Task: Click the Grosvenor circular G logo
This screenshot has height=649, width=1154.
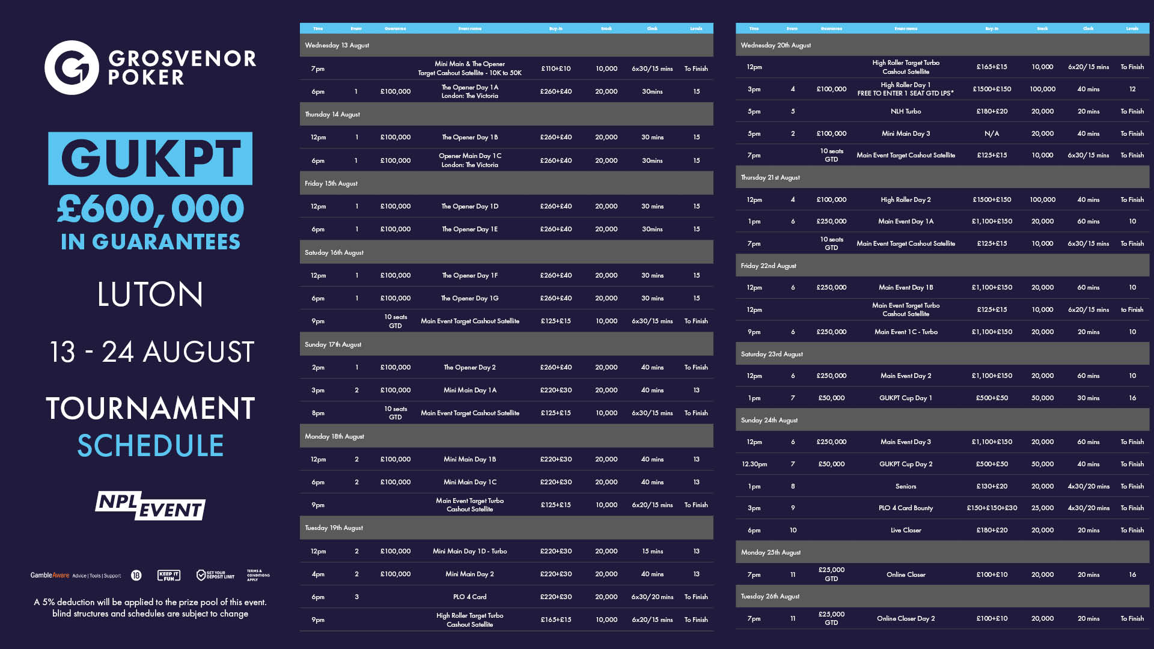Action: tap(72, 67)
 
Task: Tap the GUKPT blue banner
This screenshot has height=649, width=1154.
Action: tap(150, 158)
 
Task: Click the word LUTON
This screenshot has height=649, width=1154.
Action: tap(150, 294)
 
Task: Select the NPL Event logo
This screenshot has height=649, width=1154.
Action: tap(150, 506)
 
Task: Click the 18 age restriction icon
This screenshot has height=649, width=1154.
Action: tap(136, 576)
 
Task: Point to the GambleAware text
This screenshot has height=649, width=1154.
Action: tap(50, 576)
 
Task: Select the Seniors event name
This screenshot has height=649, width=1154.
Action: tap(906, 486)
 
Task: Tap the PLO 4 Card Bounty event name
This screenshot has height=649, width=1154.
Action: tap(906, 508)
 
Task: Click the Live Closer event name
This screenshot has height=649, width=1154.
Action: tap(906, 530)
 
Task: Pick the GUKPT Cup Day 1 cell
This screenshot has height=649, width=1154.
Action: tap(906, 398)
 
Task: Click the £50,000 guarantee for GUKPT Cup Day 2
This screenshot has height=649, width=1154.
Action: tap(831, 464)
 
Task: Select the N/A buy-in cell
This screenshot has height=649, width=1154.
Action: tap(992, 133)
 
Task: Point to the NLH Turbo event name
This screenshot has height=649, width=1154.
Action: tap(906, 111)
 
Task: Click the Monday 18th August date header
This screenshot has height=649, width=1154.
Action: tap(334, 436)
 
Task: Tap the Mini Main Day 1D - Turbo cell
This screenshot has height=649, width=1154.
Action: tap(470, 551)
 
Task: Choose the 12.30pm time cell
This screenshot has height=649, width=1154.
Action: tap(754, 464)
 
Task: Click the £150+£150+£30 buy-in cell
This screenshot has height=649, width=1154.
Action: tap(992, 508)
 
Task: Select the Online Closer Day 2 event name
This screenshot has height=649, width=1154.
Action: tap(906, 618)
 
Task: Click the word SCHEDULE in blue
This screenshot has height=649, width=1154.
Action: tap(150, 446)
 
